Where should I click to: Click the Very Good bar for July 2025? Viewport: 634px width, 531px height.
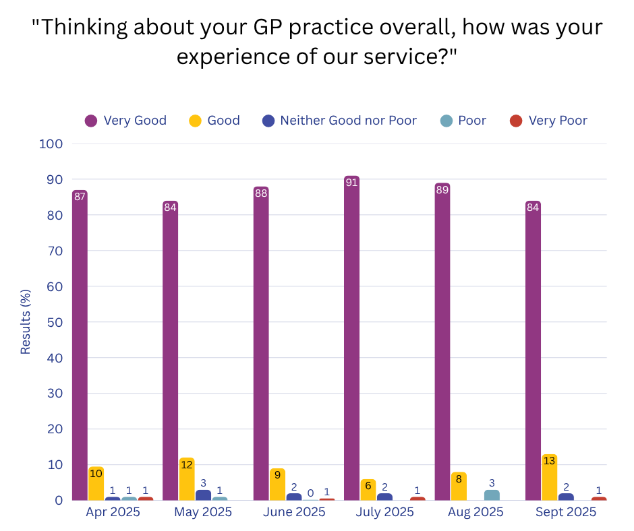(x=351, y=337)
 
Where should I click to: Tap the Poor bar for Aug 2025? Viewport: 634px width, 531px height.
(x=492, y=495)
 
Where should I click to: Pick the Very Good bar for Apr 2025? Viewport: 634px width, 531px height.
(x=80, y=344)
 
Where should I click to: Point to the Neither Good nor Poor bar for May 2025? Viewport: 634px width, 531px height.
(x=203, y=495)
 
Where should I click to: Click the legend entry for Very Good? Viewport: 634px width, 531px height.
(x=125, y=121)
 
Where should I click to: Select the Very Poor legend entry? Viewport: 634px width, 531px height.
(x=548, y=121)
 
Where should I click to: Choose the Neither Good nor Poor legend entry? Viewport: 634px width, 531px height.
(x=340, y=121)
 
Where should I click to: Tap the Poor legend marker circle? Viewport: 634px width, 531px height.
(x=446, y=121)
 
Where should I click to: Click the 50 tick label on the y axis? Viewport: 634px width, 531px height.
(x=54, y=322)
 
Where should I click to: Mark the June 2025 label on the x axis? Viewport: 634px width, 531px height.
(x=295, y=512)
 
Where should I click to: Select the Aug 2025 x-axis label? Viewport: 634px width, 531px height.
(x=475, y=512)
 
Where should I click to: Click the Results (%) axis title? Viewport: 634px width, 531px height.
(x=26, y=321)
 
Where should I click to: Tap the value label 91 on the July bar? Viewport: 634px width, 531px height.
(x=351, y=183)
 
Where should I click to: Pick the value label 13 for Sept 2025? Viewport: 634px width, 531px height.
(x=550, y=461)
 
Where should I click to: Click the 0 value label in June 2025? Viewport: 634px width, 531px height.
(x=310, y=493)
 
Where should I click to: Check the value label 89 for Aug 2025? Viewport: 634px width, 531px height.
(x=442, y=190)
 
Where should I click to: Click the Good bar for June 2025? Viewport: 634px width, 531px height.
(x=277, y=485)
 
